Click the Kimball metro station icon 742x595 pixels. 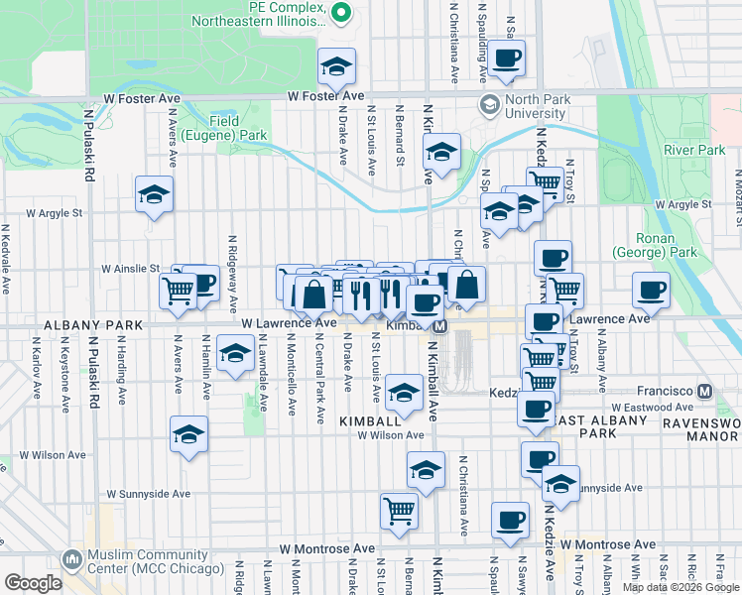441,326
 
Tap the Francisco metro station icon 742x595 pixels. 705,392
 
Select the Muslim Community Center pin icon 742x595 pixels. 70,560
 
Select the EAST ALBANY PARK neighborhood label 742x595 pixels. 594,426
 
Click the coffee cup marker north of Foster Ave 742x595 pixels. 507,59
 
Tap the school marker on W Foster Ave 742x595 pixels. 337,66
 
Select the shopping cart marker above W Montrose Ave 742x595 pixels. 399,511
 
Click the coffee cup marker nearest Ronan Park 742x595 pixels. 651,290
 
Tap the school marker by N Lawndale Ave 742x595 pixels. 235,354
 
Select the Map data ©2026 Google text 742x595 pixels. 680,587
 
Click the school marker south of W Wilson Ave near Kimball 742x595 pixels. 427,471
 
